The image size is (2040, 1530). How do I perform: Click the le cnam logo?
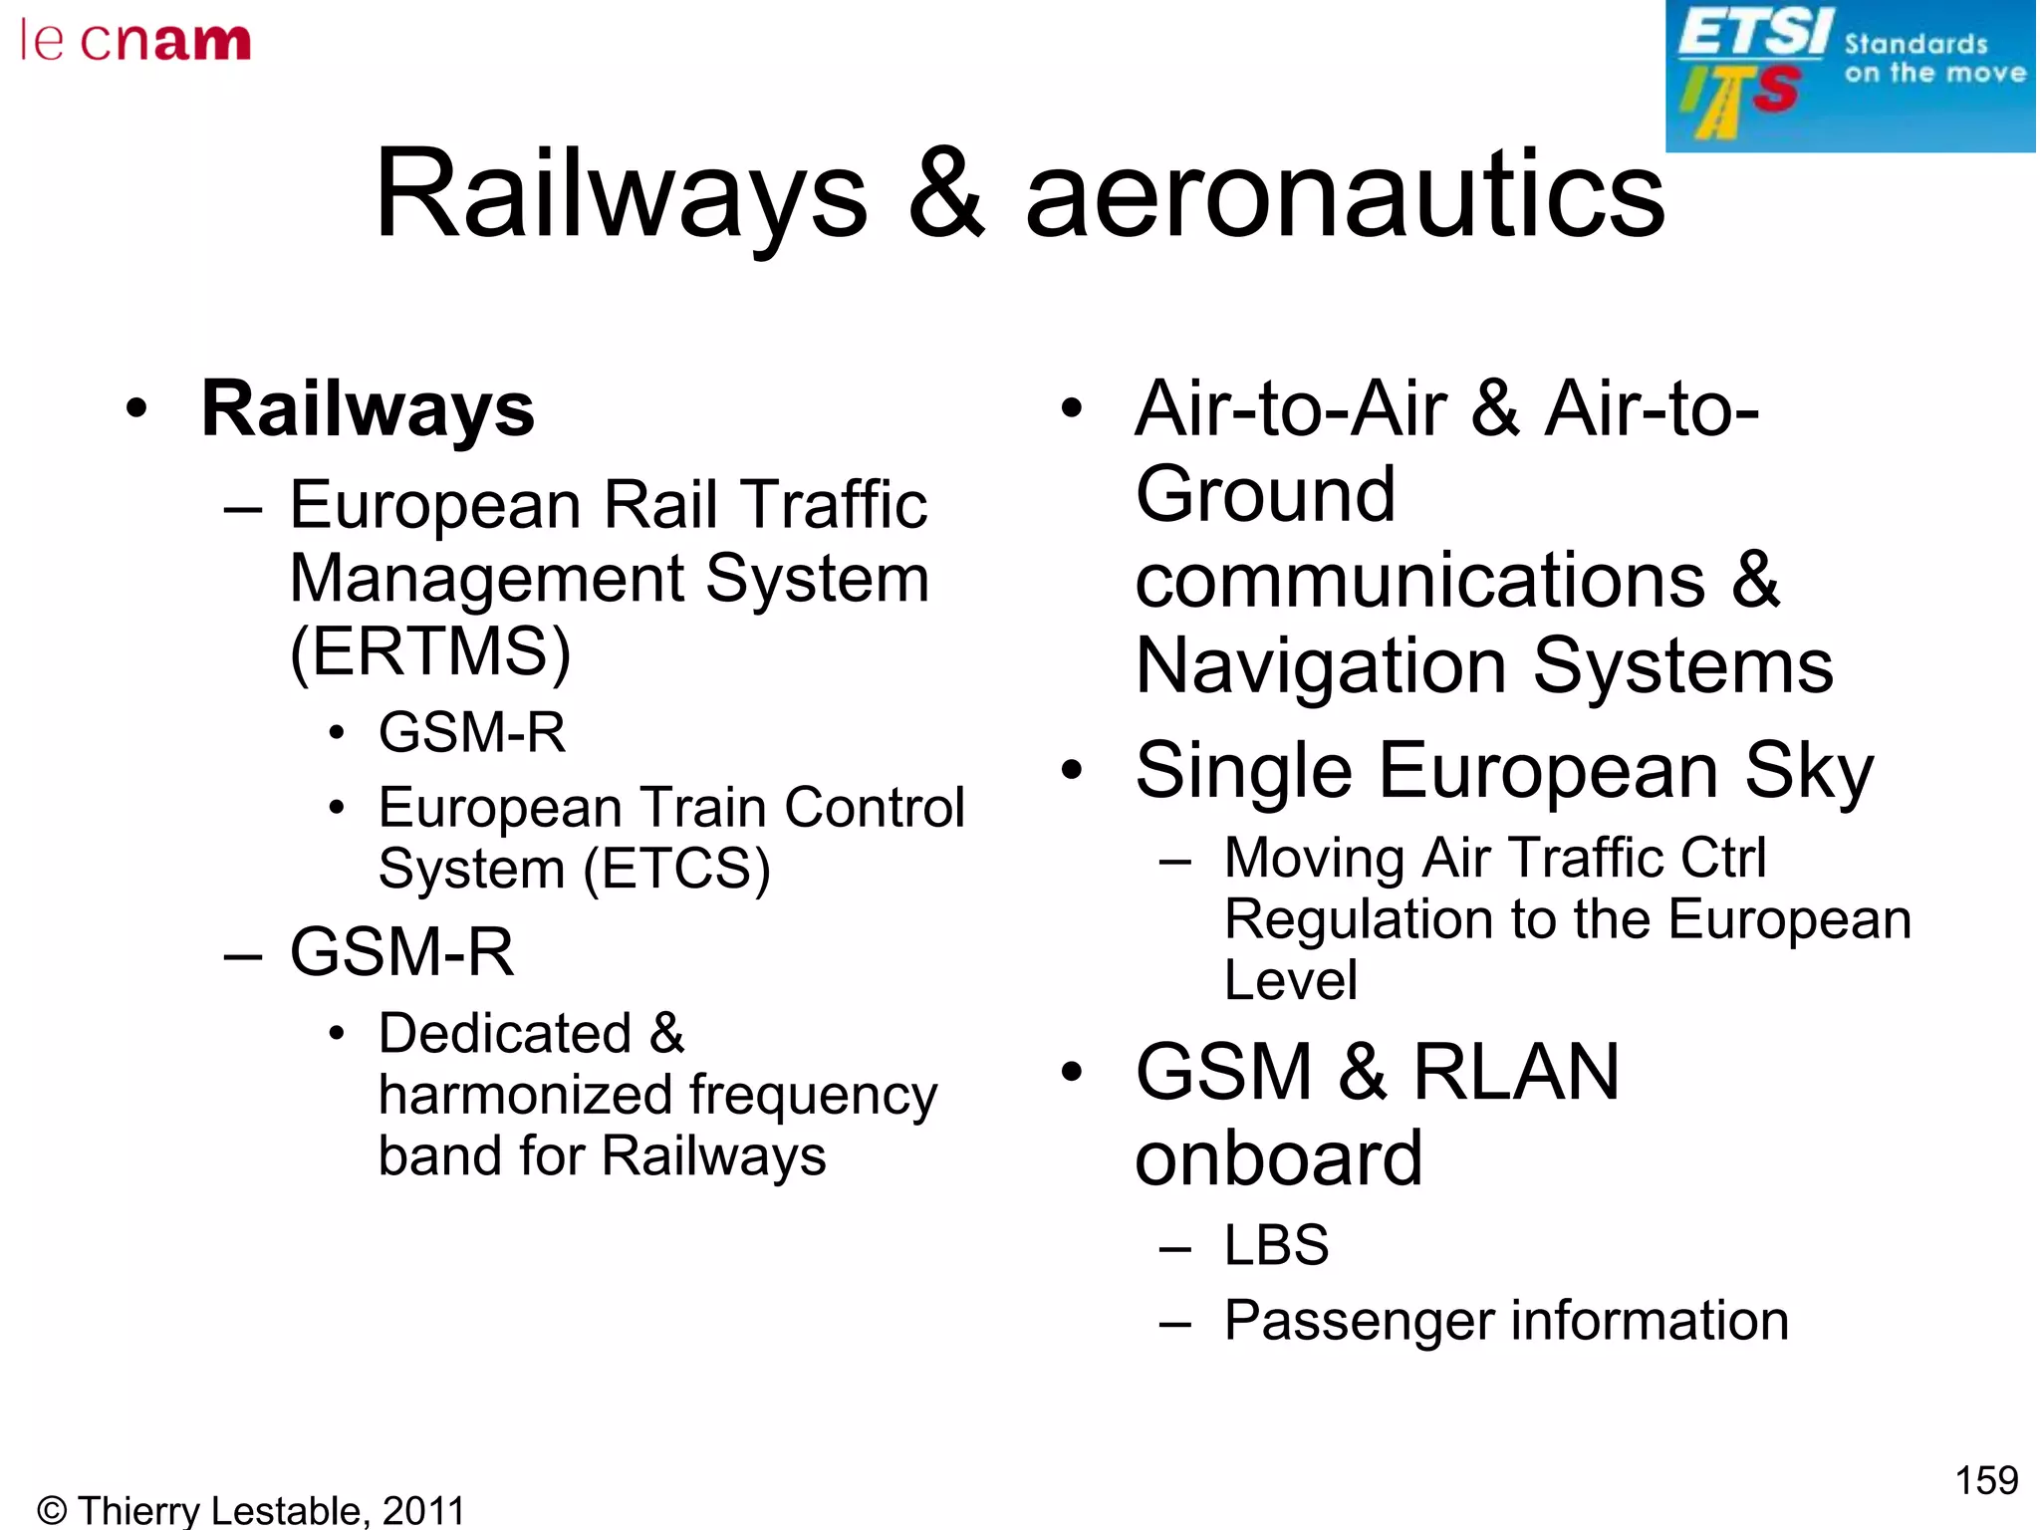coord(135,42)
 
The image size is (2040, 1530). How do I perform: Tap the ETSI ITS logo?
coord(1850,76)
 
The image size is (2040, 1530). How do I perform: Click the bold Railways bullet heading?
coord(368,409)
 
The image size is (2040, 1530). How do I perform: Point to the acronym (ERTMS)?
coord(430,652)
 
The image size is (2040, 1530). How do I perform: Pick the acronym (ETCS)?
coord(676,869)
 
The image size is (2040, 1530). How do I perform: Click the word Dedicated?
coord(505,1033)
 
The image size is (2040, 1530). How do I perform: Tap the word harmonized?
coord(525,1095)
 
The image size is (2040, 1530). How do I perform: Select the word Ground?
coord(1265,494)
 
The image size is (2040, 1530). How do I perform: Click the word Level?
coord(1291,980)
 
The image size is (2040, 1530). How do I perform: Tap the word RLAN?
coord(1516,1072)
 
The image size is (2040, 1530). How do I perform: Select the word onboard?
coord(1279,1158)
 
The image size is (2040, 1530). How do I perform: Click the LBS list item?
coord(1276,1245)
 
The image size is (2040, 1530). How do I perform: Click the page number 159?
coord(1986,1480)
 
